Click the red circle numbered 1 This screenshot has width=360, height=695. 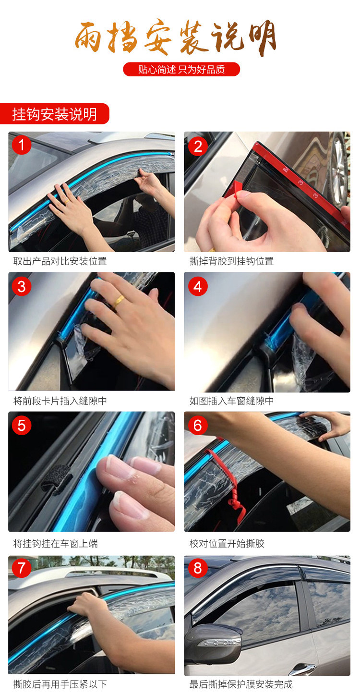click(x=22, y=145)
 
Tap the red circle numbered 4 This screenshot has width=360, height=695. click(x=198, y=286)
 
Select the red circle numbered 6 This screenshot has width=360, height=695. click(x=198, y=426)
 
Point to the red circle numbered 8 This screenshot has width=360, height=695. click(x=198, y=568)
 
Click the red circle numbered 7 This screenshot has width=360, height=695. click(x=22, y=568)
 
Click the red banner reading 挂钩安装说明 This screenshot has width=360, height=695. click(x=54, y=114)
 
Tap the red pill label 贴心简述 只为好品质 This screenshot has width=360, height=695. click(x=181, y=69)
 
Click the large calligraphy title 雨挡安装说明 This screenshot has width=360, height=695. click(x=176, y=37)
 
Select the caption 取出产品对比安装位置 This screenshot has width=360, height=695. click(x=60, y=261)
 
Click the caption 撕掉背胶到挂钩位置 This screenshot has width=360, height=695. click(x=231, y=261)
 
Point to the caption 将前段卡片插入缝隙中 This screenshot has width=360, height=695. click(x=60, y=401)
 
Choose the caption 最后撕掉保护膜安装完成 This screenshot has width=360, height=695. click(x=241, y=684)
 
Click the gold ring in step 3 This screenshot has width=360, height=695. click(x=118, y=301)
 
